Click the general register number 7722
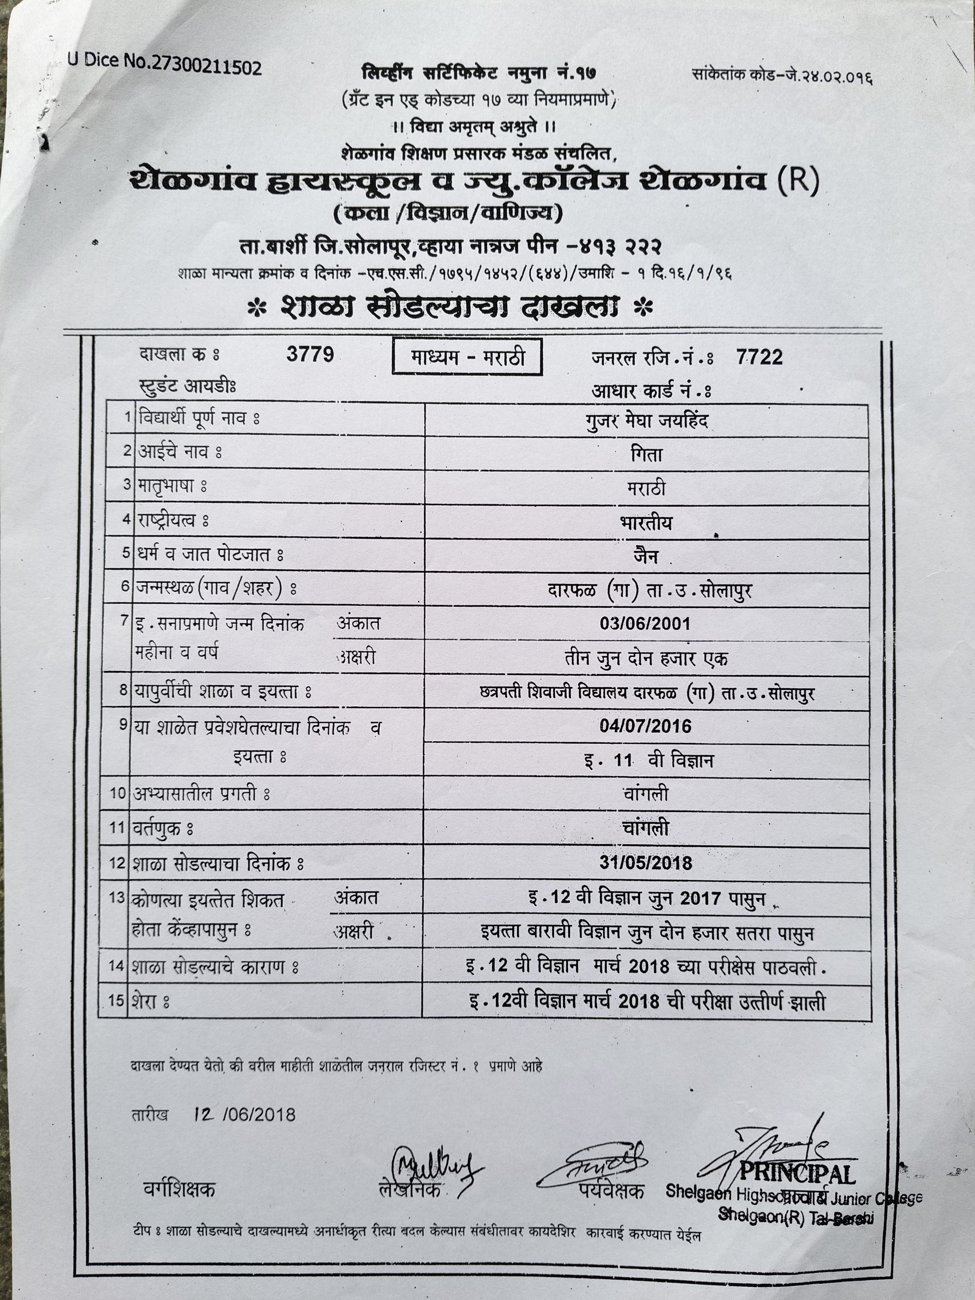[759, 357]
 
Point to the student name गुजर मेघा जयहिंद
[647, 421]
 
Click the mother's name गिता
[647, 454]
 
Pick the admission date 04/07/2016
[645, 726]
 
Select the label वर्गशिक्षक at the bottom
[179, 1190]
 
